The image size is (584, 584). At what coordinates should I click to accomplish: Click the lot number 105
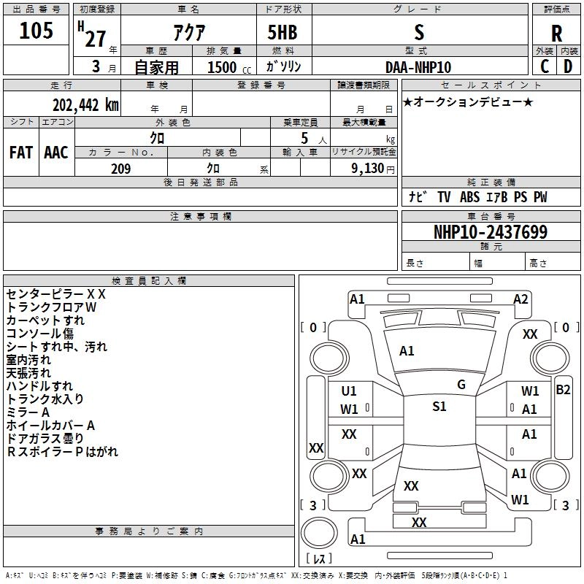click(36, 31)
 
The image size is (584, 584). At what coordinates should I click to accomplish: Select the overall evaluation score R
click(556, 34)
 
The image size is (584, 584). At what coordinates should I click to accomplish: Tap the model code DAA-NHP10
click(418, 67)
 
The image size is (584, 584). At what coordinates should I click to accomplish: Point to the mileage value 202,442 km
click(85, 104)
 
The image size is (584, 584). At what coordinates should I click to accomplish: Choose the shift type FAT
click(21, 153)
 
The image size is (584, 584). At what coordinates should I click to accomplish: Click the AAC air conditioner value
click(56, 153)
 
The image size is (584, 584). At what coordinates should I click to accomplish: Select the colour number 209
click(120, 169)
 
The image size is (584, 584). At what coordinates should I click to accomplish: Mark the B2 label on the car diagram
click(563, 390)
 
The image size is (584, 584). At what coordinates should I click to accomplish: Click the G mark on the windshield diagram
click(461, 385)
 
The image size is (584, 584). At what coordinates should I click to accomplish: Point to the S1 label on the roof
click(439, 407)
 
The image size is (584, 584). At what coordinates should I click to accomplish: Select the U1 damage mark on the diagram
click(349, 391)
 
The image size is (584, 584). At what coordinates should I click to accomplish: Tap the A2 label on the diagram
click(520, 299)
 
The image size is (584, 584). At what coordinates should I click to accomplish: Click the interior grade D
click(568, 66)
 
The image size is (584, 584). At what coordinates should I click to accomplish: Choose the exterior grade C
click(545, 66)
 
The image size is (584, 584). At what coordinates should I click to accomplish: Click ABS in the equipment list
click(469, 197)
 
